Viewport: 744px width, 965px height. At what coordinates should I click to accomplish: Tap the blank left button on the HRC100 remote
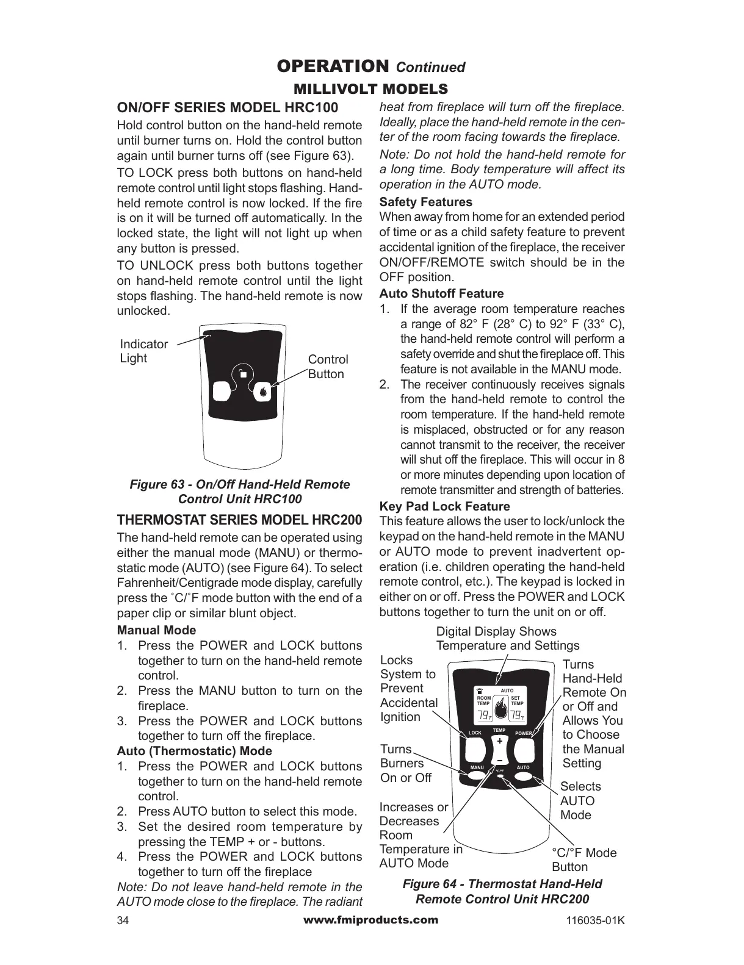223,392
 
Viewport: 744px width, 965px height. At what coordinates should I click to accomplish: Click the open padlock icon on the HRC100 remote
242,373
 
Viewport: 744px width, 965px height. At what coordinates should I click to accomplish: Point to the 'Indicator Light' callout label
143,351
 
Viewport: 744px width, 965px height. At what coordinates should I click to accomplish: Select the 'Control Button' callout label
328,367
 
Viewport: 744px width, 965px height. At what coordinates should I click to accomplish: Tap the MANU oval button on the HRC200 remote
477,777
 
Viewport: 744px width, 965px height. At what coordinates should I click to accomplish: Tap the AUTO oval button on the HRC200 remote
523,777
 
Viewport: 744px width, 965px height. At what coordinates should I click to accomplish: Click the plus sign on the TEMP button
499,741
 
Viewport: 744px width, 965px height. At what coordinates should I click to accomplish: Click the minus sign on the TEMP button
499,761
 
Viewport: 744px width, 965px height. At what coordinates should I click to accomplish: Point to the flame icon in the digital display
500,709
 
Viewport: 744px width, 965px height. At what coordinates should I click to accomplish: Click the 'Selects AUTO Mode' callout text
580,800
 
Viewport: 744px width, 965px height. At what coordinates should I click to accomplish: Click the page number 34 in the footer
122,920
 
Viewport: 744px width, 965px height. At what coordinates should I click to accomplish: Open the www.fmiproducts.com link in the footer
371,920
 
